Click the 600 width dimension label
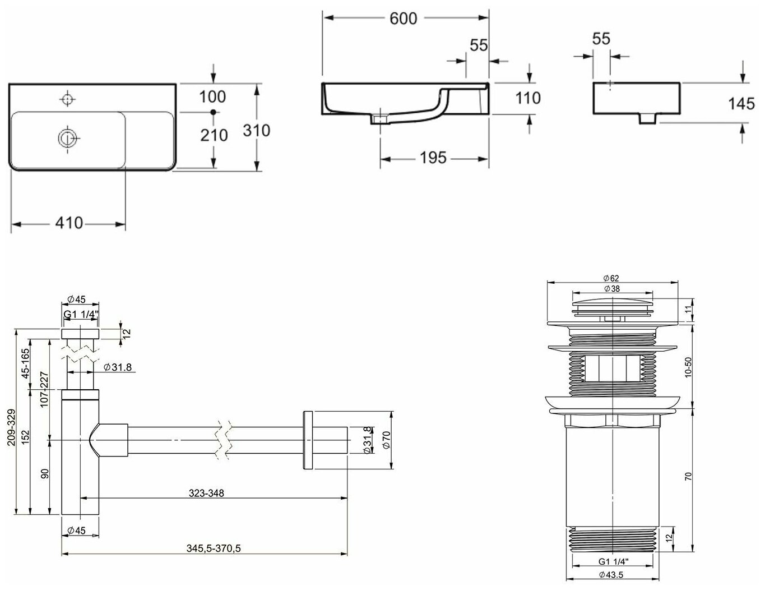(404, 19)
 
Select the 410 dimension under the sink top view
(69, 223)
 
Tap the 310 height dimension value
(257, 131)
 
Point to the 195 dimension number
(433, 158)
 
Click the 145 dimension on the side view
(741, 104)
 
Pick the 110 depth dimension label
(528, 98)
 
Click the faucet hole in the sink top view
(67, 99)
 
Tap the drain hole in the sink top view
(67, 137)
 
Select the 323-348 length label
(206, 494)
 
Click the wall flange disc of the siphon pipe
(307, 440)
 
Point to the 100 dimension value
(212, 96)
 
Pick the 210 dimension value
(214, 135)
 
